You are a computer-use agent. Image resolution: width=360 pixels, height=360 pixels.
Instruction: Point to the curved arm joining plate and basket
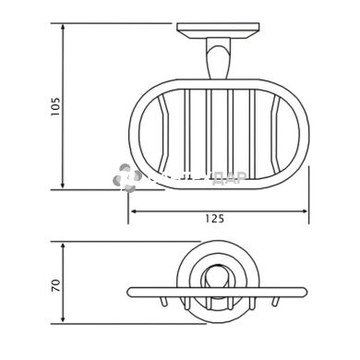click(x=219, y=65)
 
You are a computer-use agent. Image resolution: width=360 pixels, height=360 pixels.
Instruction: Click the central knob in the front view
click(x=219, y=277)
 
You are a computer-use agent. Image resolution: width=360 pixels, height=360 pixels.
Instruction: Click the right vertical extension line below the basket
click(x=308, y=194)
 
